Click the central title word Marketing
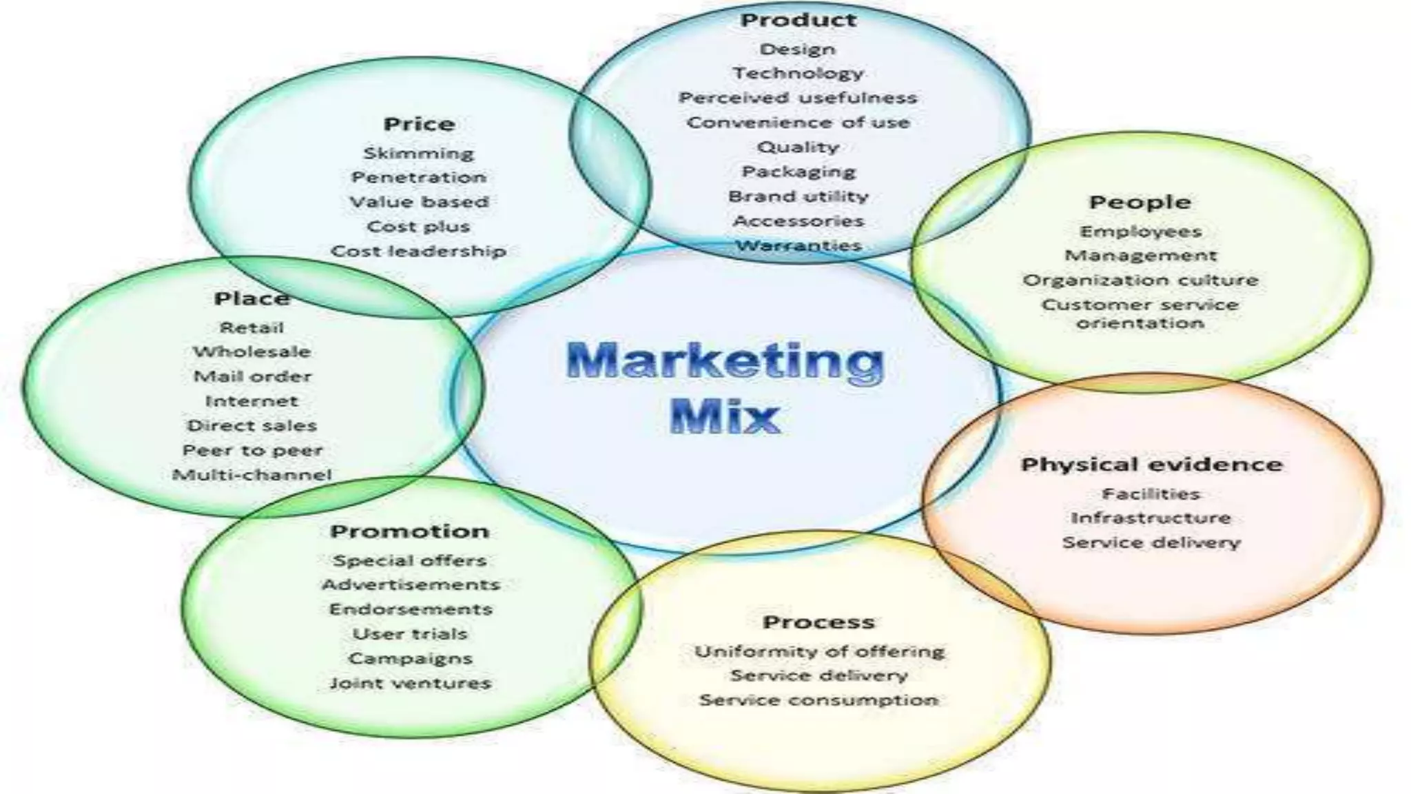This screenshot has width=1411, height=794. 724,363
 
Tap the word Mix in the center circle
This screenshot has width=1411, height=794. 724,416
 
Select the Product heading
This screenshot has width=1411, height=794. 798,20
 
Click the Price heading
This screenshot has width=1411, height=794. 419,124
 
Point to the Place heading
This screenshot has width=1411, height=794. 251,298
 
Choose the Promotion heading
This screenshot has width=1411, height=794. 410,531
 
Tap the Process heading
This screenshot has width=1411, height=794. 818,622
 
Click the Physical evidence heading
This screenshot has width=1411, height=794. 1151,465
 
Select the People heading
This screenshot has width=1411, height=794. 1140,203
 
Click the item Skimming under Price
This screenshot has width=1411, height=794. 419,153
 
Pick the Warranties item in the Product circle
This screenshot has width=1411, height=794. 799,245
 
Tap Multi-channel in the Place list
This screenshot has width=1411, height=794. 251,475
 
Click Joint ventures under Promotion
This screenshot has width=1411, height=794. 410,683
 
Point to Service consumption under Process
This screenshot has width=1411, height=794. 818,700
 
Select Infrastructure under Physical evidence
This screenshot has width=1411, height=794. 1151,518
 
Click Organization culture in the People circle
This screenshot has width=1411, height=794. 1140,281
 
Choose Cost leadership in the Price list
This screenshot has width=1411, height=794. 419,251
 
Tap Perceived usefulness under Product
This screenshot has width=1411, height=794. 798,98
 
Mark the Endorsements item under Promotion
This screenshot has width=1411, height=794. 411,609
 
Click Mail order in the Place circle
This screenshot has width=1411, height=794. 252,376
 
